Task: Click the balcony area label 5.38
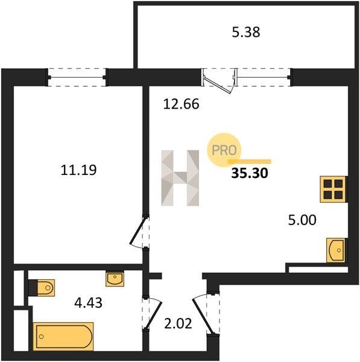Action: point(246,33)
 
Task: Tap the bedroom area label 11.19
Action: point(78,170)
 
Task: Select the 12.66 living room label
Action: point(181,104)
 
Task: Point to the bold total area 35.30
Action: point(250,173)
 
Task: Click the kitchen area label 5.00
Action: point(302,220)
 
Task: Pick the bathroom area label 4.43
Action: point(89,303)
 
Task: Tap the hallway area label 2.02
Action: point(178,323)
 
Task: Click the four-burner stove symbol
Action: point(333,189)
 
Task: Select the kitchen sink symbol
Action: point(336,250)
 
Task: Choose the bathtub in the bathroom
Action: point(63,337)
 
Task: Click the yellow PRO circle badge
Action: point(224,150)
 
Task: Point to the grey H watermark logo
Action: point(180,178)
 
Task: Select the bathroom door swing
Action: point(153,313)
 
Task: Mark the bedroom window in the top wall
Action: point(77,77)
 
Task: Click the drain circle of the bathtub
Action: point(42,337)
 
